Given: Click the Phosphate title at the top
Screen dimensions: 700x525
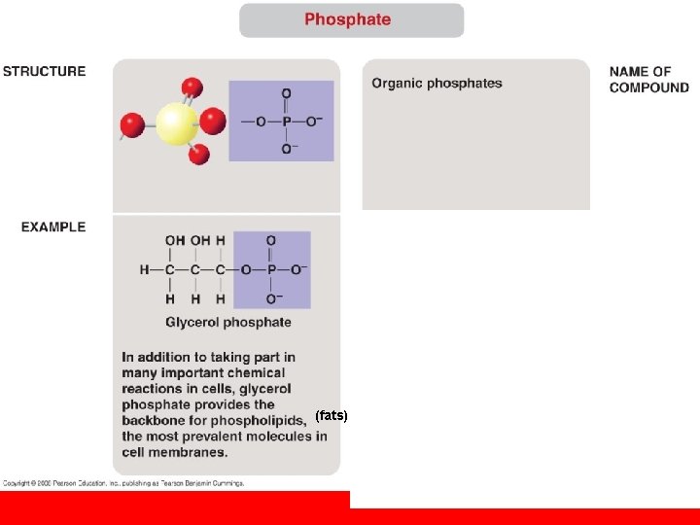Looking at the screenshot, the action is (347, 19).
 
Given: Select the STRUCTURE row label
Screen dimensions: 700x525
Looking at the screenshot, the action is (44, 71).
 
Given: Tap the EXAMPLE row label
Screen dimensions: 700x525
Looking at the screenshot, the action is (53, 227).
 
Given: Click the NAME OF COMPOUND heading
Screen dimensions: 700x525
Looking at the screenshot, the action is (648, 79).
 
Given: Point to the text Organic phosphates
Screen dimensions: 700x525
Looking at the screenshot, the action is (437, 84).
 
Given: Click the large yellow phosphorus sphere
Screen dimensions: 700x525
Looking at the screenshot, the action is (176, 123).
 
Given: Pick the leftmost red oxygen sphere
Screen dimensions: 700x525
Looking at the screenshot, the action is (131, 124).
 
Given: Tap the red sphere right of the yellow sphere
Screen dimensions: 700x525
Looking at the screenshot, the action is (213, 122).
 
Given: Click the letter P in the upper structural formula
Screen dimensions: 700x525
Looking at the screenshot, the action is (286, 122).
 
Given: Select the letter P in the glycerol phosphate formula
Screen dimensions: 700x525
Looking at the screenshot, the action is (270, 269).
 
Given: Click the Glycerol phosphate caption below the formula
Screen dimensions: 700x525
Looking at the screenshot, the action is (227, 322).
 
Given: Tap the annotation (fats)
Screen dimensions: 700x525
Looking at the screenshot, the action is (332, 415).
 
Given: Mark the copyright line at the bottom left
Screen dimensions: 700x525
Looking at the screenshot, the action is (122, 482).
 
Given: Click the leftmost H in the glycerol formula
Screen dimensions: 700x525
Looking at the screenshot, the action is (144, 269).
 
